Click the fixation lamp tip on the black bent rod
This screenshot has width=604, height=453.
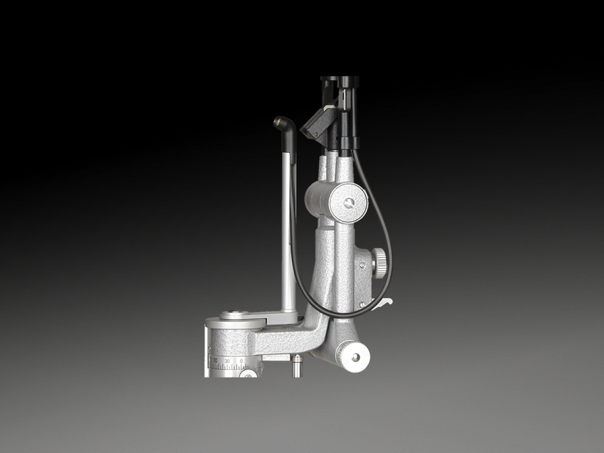(x=280, y=121)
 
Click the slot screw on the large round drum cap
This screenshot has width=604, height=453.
(x=348, y=202)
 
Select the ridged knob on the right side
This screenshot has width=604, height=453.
(x=379, y=263)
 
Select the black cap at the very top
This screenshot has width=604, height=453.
(x=339, y=80)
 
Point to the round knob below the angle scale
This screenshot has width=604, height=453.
(x=248, y=374)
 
